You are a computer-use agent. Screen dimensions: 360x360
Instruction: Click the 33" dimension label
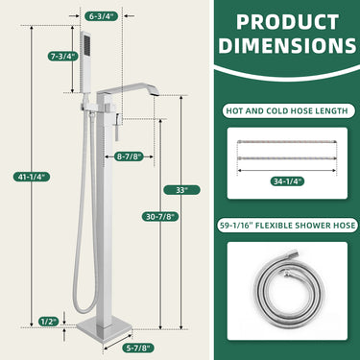[181, 190]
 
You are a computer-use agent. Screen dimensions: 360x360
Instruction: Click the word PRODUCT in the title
[282, 21]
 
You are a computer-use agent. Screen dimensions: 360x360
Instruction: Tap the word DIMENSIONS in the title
[282, 46]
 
